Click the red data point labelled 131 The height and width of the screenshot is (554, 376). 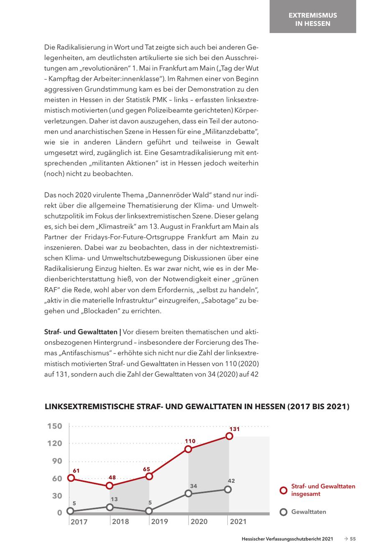pyautogui.click(x=229, y=436)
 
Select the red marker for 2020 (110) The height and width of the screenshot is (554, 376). pyautogui.click(x=188, y=449)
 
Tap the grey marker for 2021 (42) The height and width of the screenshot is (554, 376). pyautogui.click(x=228, y=489)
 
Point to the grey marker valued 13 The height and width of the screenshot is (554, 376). pyautogui.click(x=110, y=507)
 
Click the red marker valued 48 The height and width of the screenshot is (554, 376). pyautogui.click(x=109, y=485)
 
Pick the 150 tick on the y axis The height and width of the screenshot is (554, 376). pyautogui.click(x=55, y=426)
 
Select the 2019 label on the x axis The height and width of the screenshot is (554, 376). pyautogui.click(x=160, y=521)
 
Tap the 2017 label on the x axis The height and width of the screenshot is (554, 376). pyautogui.click(x=79, y=521)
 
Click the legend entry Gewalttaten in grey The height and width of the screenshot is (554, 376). pyautogui.click(x=308, y=512)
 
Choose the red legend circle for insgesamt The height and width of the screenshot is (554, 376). pyautogui.click(x=283, y=490)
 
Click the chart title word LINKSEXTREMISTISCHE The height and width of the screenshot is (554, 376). pyautogui.click(x=90, y=406)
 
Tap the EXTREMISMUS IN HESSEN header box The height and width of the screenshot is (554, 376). pyautogui.click(x=312, y=19)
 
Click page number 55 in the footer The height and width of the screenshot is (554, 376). pyautogui.click(x=353, y=539)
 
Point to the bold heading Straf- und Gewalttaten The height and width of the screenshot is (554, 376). pyautogui.click(x=81, y=332)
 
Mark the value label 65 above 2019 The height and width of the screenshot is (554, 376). pyautogui.click(x=147, y=469)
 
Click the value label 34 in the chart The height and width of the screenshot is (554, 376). pyautogui.click(x=193, y=486)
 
